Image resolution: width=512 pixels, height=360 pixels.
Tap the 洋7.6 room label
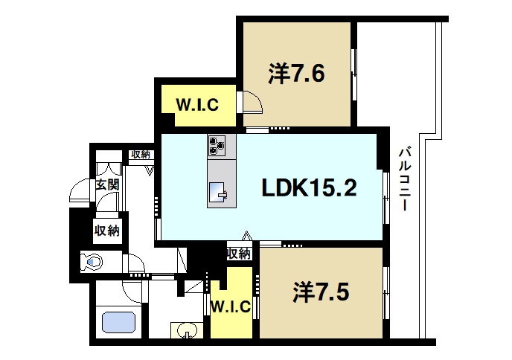coord(295,74)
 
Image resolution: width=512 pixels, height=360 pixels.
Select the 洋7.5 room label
coord(320,291)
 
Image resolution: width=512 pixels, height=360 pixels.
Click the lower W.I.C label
coord(229,306)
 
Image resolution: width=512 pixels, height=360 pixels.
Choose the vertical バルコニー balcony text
coord(406,179)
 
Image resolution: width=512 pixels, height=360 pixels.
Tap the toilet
coord(92,262)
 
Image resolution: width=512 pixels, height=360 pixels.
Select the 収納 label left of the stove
coord(140,155)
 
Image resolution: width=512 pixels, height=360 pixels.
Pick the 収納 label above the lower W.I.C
coord(238,254)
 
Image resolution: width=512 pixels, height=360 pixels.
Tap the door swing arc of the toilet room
coord(135,264)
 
